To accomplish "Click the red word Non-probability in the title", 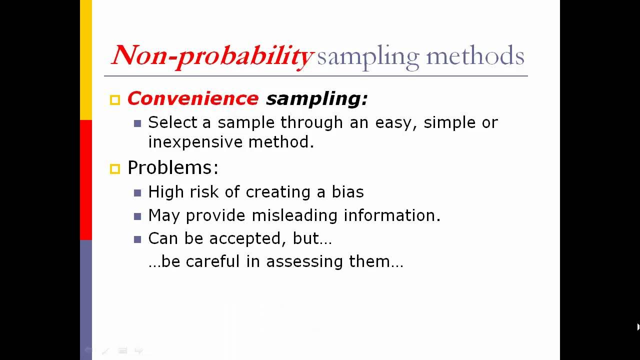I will pos(212,55).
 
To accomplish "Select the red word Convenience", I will pos(193,98).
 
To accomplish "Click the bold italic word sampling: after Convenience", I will pos(316,99).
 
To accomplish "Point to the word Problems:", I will pos(173,167).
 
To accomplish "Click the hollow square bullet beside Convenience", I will pos(115,100).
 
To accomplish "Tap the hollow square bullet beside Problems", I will pos(115,169).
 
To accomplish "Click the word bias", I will pos(347,192).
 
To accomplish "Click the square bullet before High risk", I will pos(138,193).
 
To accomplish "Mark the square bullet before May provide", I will pos(138,216).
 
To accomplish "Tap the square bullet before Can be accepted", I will pos(138,239).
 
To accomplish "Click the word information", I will pos(391,215).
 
